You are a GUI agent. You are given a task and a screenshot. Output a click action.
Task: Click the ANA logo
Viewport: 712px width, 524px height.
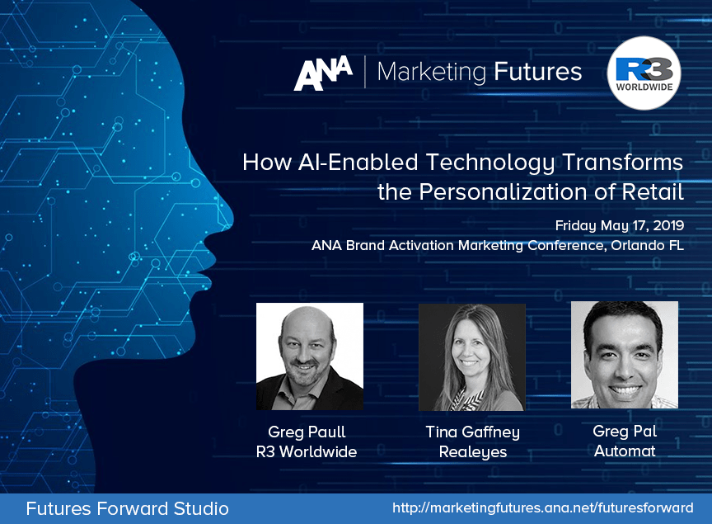click(x=323, y=73)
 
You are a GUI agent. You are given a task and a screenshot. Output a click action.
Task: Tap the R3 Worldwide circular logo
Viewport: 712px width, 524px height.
click(x=644, y=73)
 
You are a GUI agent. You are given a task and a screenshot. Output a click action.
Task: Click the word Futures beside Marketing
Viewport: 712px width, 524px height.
click(x=537, y=72)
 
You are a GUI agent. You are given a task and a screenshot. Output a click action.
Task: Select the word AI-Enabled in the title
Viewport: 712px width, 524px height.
click(x=358, y=163)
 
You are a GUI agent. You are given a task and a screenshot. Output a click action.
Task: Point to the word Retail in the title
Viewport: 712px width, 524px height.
click(x=653, y=191)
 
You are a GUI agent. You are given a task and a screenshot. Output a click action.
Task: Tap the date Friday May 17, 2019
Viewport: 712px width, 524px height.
click(x=620, y=225)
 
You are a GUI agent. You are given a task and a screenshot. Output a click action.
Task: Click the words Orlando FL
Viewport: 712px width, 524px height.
click(x=647, y=245)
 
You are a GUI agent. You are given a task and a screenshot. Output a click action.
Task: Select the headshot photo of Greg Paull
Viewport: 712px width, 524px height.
click(x=310, y=356)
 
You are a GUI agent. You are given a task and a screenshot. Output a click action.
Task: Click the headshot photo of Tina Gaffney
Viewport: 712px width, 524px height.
click(x=472, y=357)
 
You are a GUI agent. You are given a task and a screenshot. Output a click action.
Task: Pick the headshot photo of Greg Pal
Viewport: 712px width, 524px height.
click(x=625, y=355)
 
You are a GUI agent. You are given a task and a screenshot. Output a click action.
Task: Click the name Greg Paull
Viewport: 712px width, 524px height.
click(x=307, y=432)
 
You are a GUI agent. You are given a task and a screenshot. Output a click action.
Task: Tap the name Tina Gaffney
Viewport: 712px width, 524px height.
click(x=473, y=432)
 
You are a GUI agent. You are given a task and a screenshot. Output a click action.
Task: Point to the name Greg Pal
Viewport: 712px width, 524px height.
click(x=625, y=431)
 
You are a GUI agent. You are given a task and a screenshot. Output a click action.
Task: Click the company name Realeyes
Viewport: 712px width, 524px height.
click(x=473, y=452)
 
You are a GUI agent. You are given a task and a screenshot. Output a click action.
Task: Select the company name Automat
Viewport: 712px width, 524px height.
click(x=625, y=451)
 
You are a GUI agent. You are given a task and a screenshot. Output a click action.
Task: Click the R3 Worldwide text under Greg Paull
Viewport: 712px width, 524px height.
click(x=307, y=451)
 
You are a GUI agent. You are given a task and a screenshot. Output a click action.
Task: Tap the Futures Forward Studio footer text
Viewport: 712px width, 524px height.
click(x=127, y=508)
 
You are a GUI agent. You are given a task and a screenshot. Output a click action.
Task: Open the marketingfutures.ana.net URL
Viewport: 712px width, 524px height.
click(x=542, y=507)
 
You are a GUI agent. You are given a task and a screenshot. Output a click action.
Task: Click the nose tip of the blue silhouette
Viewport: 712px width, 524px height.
click(x=232, y=222)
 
